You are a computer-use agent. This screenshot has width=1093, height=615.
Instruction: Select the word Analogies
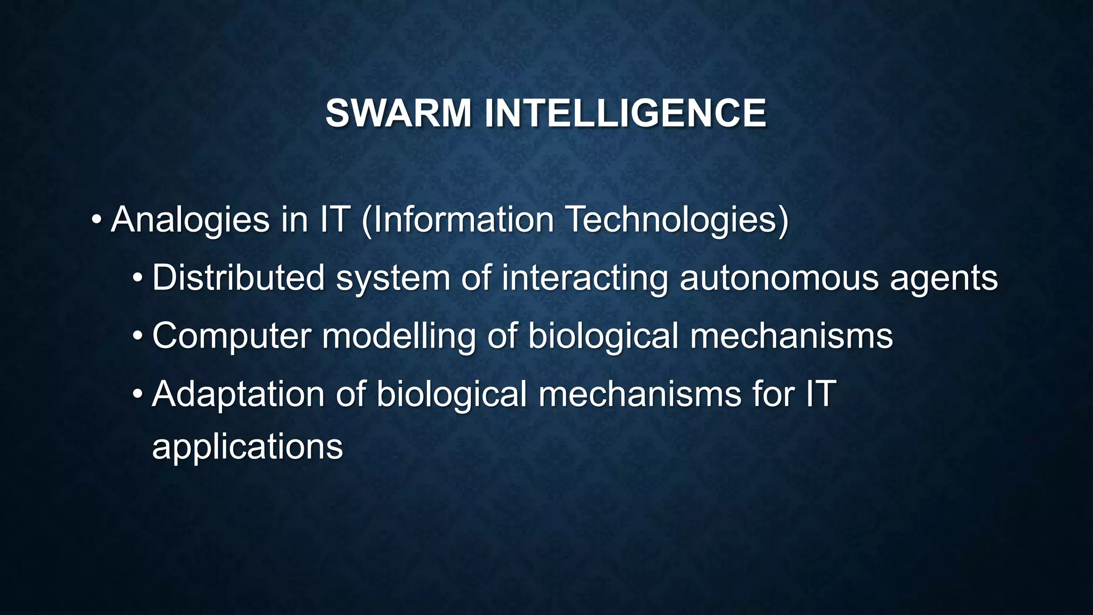pyautogui.click(x=190, y=220)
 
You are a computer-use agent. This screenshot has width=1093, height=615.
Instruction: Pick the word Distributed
pyautogui.click(x=238, y=278)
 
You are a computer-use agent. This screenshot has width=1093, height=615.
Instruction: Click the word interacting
pyautogui.click(x=584, y=279)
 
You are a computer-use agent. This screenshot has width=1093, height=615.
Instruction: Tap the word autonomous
pyautogui.click(x=779, y=278)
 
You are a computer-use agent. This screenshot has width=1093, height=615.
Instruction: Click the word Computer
pyautogui.click(x=232, y=336)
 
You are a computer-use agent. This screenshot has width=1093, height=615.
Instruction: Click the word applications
pyautogui.click(x=247, y=447)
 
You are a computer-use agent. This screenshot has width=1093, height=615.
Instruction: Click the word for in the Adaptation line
pyautogui.click(x=773, y=394)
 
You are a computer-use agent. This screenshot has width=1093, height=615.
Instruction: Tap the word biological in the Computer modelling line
pyautogui.click(x=603, y=336)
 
